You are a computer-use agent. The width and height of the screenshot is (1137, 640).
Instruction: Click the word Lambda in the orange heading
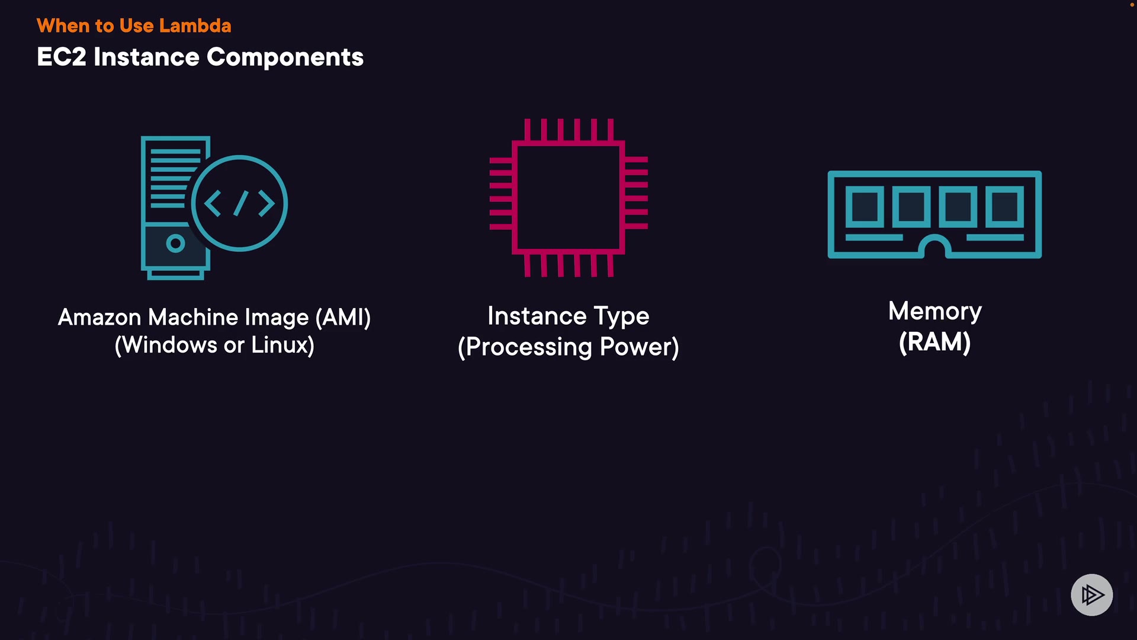click(x=195, y=26)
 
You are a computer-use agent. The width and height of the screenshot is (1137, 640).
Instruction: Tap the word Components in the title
click(x=285, y=57)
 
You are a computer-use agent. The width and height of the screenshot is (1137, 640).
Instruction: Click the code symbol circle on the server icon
click(x=239, y=203)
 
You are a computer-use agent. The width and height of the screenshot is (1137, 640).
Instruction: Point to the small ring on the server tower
click(x=175, y=243)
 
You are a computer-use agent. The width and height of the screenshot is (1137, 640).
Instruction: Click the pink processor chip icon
click(x=568, y=198)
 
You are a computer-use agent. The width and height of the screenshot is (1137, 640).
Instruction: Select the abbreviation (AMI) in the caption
click(x=343, y=318)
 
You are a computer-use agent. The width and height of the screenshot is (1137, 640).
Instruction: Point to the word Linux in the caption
click(x=282, y=345)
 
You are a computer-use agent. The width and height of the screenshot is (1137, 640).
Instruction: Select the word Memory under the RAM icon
click(x=934, y=312)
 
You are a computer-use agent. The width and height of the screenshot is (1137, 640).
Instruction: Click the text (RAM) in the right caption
click(x=934, y=343)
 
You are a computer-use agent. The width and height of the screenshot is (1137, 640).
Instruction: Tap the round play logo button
click(x=1091, y=594)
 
